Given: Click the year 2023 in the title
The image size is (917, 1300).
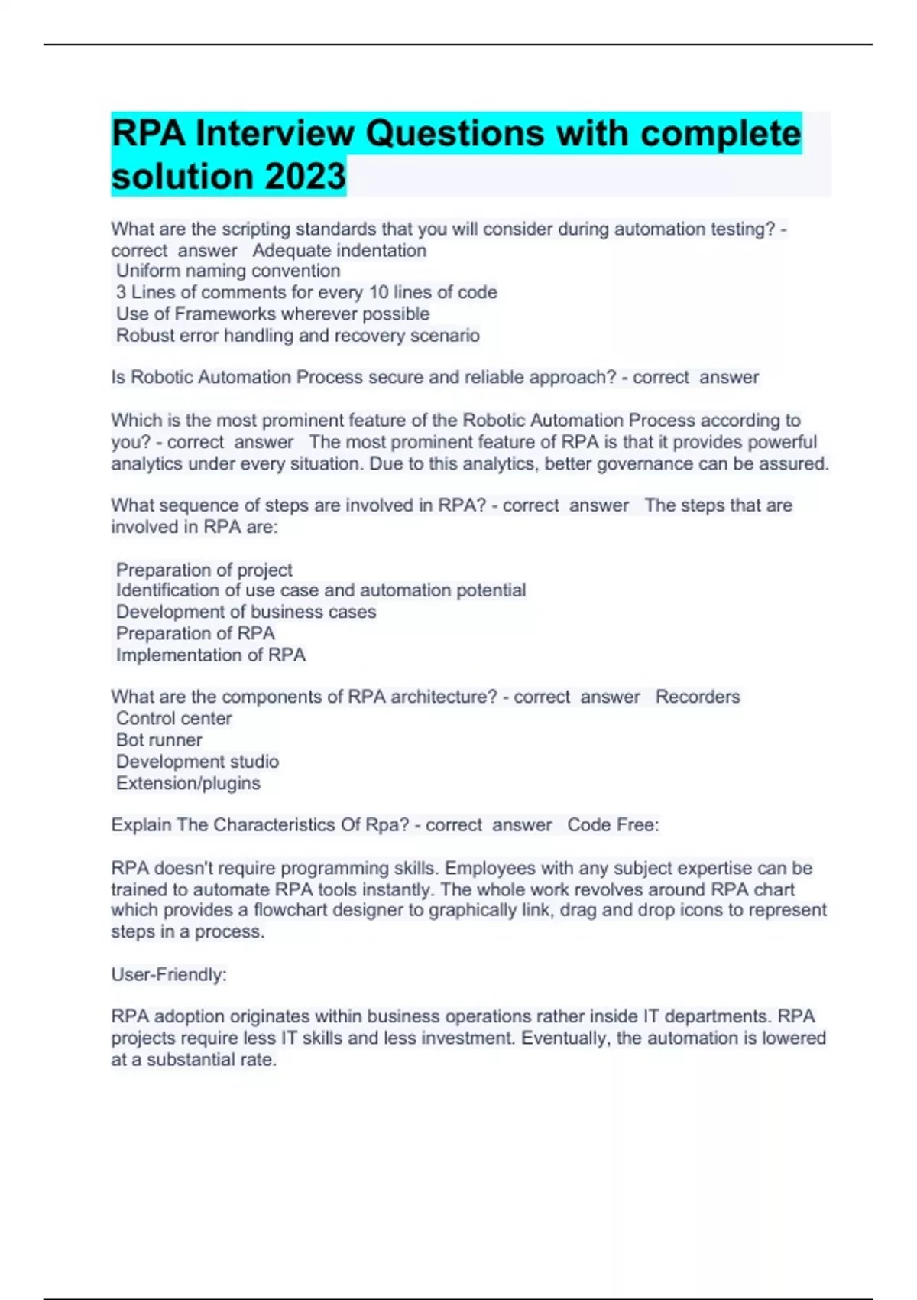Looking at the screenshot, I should coord(305,177).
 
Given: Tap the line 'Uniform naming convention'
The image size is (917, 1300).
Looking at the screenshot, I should coord(228,271).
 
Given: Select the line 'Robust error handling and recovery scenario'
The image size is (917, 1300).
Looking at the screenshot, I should coord(297,336).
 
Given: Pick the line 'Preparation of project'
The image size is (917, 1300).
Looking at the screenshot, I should coord(204,570).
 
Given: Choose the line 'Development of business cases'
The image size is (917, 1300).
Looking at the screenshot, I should coord(245,612).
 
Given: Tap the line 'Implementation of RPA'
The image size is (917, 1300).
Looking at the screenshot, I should coord(210,655).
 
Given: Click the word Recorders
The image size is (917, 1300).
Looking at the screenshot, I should coord(697,697).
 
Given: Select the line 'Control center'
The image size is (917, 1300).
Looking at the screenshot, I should coord(173,718).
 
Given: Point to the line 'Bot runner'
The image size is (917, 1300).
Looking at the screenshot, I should coord(159,739).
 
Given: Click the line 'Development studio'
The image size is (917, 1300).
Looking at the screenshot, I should coord(197,762).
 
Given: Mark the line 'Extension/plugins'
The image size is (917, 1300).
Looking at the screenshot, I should coord(188,783).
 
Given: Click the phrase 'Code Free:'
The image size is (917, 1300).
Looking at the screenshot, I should coord(612,825).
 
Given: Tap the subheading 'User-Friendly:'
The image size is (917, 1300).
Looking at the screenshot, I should coord(169,974).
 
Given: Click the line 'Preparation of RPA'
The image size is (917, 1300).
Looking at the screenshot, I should coord(195,633).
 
